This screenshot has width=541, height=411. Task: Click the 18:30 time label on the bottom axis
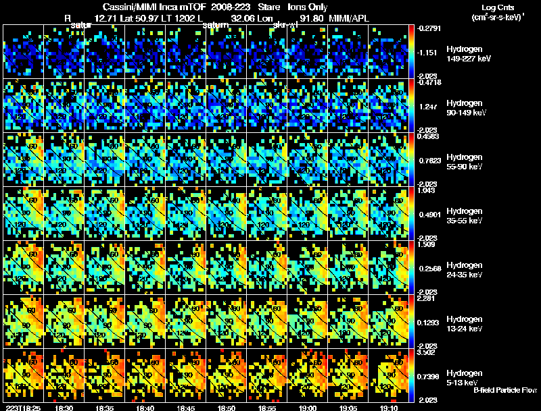[x=66, y=408]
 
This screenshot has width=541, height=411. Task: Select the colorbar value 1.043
[x=428, y=190]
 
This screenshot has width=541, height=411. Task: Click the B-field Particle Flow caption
[x=505, y=390]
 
